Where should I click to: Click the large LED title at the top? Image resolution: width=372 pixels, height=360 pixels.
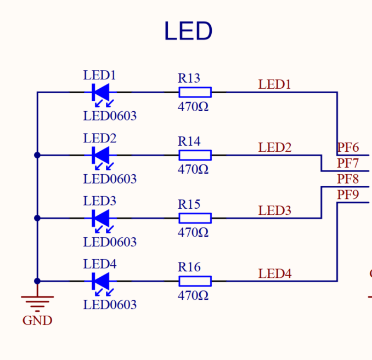pyautogui.click(x=188, y=31)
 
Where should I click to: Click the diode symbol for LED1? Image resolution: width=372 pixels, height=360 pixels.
pyautogui.click(x=101, y=92)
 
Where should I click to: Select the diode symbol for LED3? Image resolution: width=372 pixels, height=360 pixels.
pyautogui.click(x=101, y=218)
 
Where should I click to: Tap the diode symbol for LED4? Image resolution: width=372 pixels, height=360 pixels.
pyautogui.click(x=101, y=281)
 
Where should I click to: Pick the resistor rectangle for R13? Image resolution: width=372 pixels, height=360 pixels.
pyautogui.click(x=195, y=92)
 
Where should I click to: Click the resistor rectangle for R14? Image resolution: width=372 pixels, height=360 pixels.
pyautogui.click(x=195, y=155)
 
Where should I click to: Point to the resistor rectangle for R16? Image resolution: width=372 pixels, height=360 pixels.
pyautogui.click(x=195, y=281)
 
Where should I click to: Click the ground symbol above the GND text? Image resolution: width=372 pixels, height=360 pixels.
pyautogui.click(x=37, y=301)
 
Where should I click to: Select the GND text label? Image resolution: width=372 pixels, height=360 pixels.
pyautogui.click(x=37, y=321)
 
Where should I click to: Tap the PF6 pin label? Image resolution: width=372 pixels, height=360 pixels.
pyautogui.click(x=348, y=147)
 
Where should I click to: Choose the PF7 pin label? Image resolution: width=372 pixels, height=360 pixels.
pyautogui.click(x=348, y=163)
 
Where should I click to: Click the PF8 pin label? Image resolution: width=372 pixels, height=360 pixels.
pyautogui.click(x=348, y=179)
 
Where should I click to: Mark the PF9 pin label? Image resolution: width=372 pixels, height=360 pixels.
pyautogui.click(x=348, y=195)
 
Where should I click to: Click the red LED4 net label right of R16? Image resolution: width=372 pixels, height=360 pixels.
pyautogui.click(x=275, y=273)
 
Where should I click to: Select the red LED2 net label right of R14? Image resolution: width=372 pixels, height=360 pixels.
pyautogui.click(x=275, y=147)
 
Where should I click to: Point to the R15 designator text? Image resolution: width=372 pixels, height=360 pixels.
pyautogui.click(x=189, y=204)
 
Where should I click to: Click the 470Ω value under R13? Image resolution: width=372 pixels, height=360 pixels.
pyautogui.click(x=193, y=107)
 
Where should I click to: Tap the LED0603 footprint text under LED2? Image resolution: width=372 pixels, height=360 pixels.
pyautogui.click(x=110, y=179)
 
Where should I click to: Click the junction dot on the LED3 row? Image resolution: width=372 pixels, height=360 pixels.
pyautogui.click(x=37, y=218)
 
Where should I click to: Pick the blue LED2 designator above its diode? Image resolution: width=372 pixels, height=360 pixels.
pyautogui.click(x=100, y=138)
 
